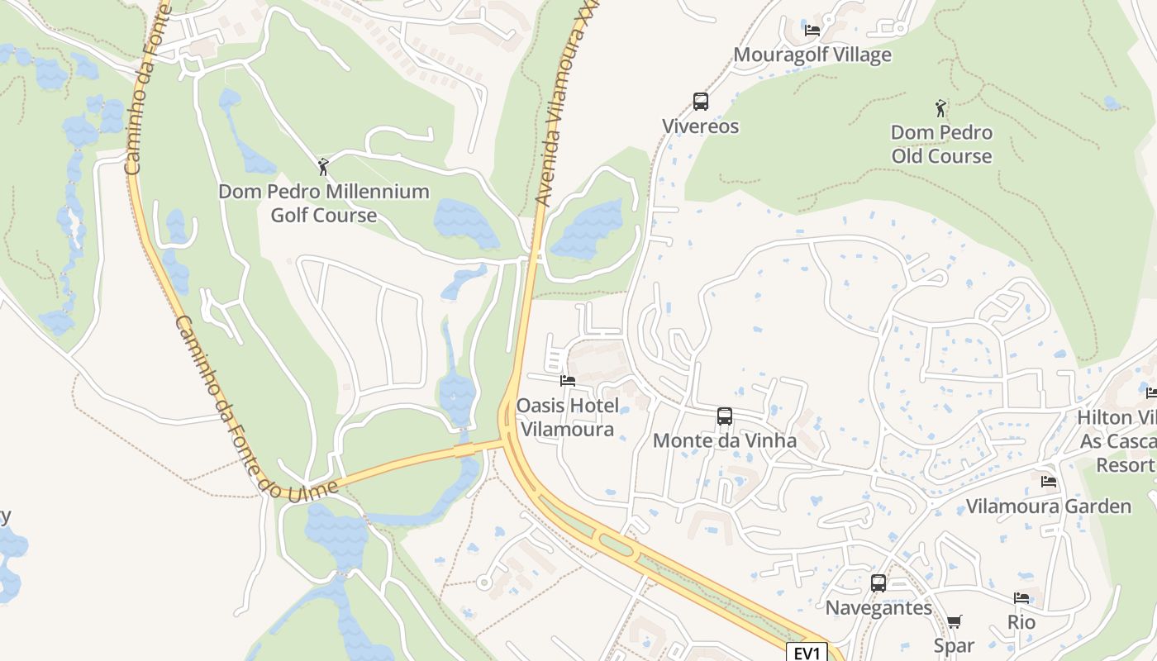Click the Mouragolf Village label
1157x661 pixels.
[x=812, y=55]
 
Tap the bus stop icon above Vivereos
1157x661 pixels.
[x=701, y=102]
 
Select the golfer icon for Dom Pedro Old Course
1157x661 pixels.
[x=940, y=107]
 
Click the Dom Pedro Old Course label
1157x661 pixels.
[x=941, y=144]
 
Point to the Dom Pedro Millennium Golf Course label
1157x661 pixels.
[x=324, y=203]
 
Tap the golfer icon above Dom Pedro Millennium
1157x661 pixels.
[x=323, y=167]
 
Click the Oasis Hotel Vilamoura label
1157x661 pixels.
[x=567, y=417]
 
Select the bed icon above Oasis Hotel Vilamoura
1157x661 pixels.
[x=567, y=381]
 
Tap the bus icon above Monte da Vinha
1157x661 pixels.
[x=725, y=416]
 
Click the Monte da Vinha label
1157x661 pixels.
[x=725, y=440]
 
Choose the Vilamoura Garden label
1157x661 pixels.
[x=1049, y=506]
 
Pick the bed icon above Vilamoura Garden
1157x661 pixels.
[x=1049, y=481]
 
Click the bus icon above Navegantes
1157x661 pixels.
[x=878, y=583]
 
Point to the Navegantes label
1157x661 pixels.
[x=878, y=608]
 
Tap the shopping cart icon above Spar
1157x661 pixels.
[x=955, y=621]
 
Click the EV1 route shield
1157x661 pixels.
[x=807, y=653]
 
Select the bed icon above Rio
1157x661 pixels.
[x=1021, y=598]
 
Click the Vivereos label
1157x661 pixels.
[x=700, y=126]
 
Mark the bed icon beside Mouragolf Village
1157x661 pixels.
[x=812, y=31]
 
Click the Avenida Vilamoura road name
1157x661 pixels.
[x=562, y=116]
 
